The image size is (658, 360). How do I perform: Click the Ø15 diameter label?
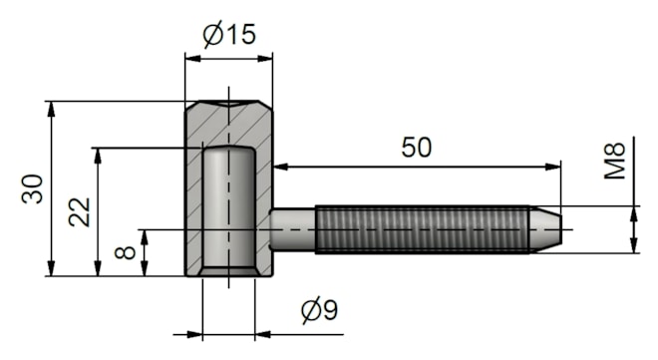pos(229,35)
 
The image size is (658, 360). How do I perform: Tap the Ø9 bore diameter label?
pos(320,310)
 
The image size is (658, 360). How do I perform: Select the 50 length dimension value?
pos(416,148)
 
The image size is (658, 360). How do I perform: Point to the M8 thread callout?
pos(614,161)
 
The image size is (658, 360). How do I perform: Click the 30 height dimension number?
pos(32,188)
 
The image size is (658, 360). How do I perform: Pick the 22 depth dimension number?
pos(80,211)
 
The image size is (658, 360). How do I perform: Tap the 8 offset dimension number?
pos(125,252)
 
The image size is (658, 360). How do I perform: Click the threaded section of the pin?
pos(422,229)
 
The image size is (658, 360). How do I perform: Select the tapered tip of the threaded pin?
pos(545,229)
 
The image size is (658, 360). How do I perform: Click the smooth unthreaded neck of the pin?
pos(293,229)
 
